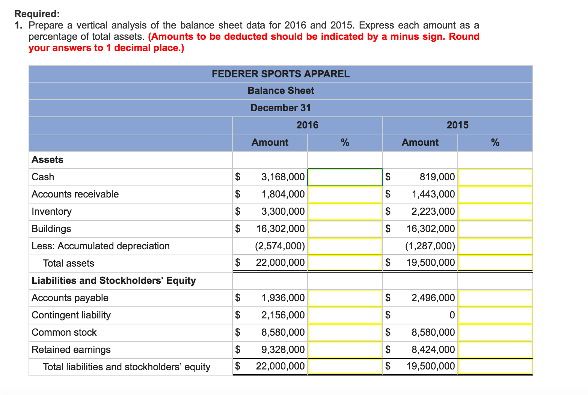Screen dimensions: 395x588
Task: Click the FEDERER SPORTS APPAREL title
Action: [x=280, y=74]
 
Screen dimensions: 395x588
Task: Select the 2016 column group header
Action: [x=307, y=125]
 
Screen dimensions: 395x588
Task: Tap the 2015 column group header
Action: [x=457, y=125]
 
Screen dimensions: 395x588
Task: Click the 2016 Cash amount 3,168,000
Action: [x=283, y=177]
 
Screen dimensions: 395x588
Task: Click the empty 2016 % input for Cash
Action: [x=345, y=177]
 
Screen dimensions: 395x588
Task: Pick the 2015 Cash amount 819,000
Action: [x=437, y=177]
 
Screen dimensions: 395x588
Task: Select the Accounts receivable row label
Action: [x=75, y=194]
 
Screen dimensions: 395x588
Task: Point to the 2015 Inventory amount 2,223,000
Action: [x=433, y=211]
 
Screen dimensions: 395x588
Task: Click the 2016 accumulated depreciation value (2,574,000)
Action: [x=280, y=246]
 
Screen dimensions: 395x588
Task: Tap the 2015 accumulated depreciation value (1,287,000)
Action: [x=430, y=246]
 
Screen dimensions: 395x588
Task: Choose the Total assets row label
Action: [x=68, y=263]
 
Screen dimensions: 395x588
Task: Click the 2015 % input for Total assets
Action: [x=495, y=263]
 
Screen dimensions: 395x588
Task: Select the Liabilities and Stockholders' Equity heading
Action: [x=114, y=280]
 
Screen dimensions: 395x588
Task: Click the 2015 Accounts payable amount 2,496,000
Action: [x=433, y=298]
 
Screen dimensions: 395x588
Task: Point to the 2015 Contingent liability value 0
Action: [x=452, y=315]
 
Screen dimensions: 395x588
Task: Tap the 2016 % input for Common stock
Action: [x=345, y=332]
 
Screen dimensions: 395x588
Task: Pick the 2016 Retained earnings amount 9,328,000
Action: [x=283, y=350]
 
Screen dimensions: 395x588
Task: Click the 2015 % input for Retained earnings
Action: [x=495, y=350]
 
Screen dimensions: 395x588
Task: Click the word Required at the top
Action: [x=36, y=14]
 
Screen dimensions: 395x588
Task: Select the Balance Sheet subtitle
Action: [x=280, y=91]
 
